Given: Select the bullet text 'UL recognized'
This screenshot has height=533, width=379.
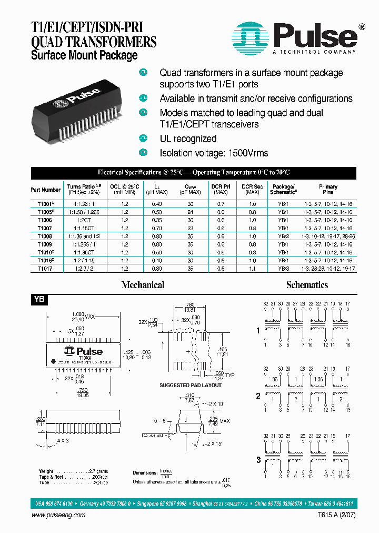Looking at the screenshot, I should click(x=188, y=139).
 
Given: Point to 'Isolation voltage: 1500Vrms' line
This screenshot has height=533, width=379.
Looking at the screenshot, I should click(x=214, y=153).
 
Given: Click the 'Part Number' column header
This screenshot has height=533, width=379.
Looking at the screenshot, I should click(x=45, y=190).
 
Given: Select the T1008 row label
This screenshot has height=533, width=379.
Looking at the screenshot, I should click(x=45, y=236).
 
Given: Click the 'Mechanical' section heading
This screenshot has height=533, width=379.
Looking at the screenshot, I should click(x=143, y=285).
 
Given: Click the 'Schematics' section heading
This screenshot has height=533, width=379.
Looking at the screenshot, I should click(x=307, y=285).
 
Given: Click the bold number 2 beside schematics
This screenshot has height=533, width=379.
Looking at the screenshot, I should click(x=258, y=394).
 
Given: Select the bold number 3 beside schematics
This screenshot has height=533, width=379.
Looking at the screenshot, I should click(x=258, y=460).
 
